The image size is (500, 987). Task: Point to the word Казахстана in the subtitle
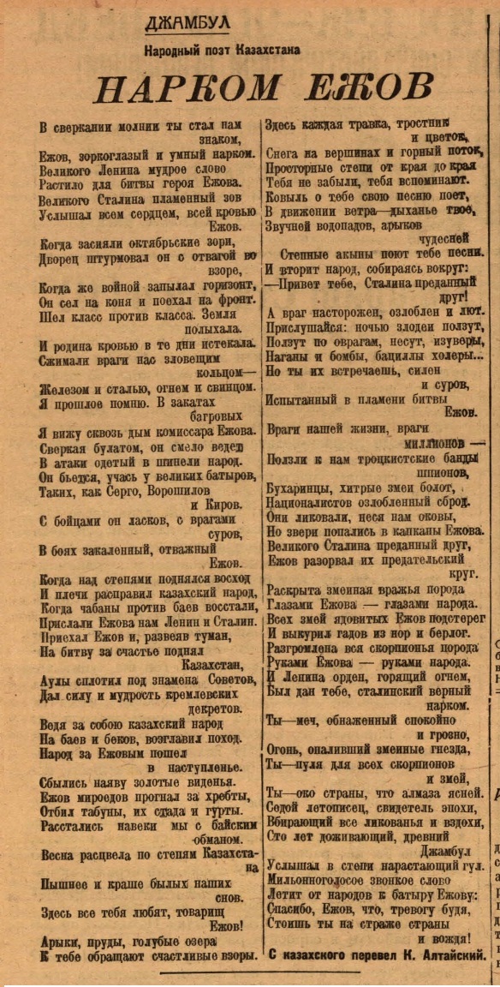(x=264, y=51)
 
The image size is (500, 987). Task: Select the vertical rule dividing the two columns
(x=261, y=514)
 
